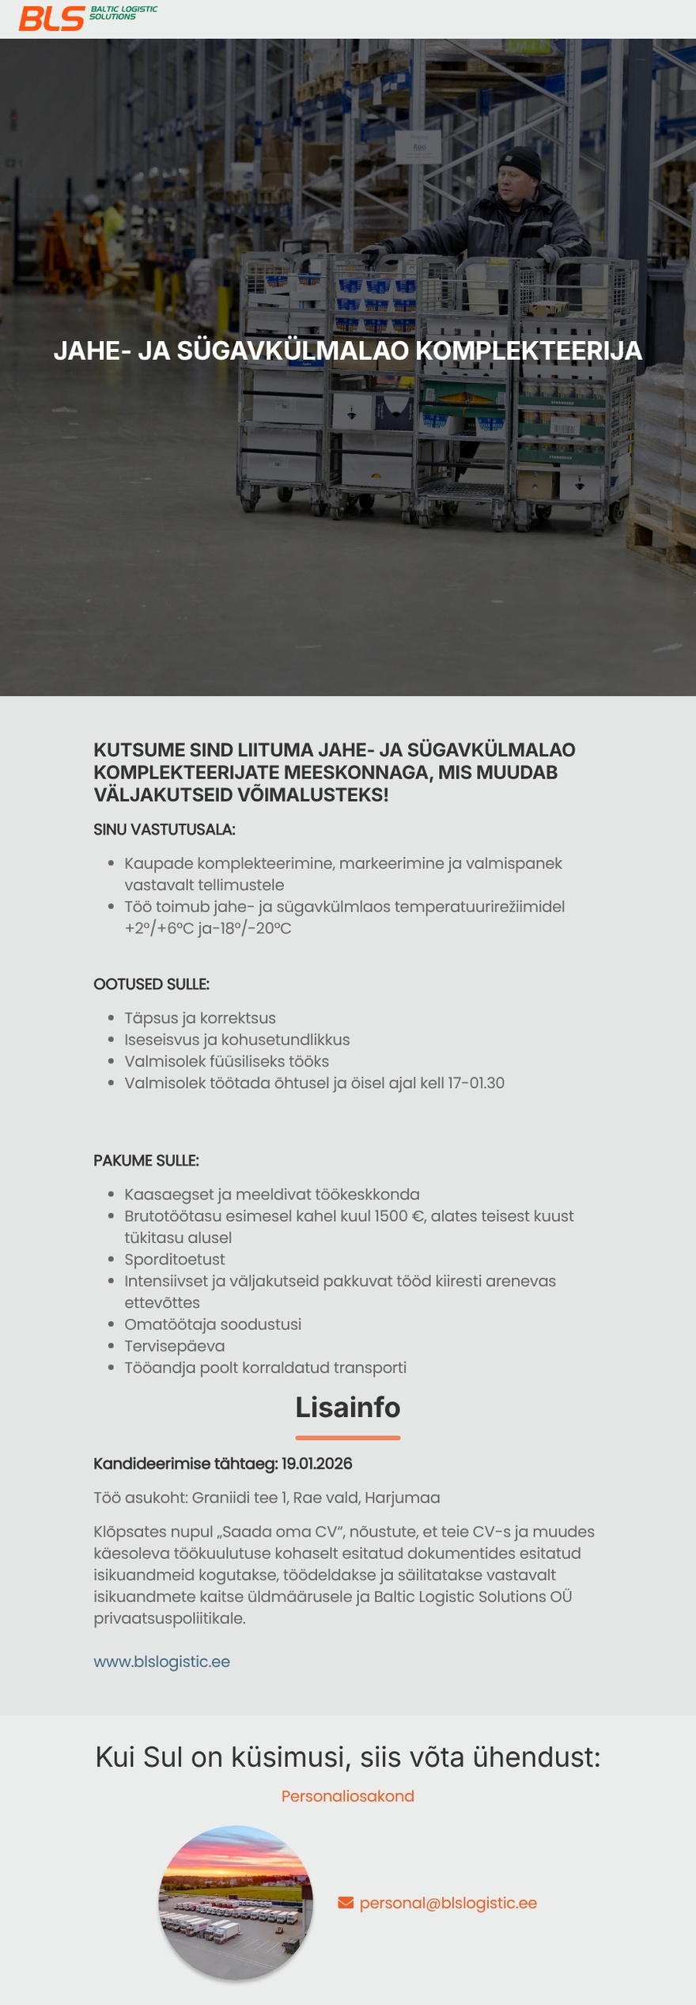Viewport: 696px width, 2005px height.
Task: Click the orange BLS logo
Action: coord(51,18)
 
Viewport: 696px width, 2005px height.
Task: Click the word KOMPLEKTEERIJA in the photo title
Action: coord(528,351)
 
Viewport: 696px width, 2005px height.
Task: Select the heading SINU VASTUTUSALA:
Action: coord(165,830)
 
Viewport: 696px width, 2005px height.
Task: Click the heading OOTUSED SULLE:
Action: coord(151,984)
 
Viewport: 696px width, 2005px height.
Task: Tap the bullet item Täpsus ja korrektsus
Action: coord(200,1018)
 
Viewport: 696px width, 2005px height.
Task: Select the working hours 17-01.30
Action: coord(476,1083)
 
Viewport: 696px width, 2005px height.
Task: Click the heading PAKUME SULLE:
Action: coord(146,1161)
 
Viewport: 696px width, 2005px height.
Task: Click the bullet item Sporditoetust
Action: coord(175,1260)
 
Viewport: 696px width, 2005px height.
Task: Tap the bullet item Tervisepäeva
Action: coord(175,1346)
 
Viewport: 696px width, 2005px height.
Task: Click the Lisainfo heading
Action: coord(348,1408)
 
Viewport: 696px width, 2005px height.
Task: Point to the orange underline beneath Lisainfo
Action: coord(348,1438)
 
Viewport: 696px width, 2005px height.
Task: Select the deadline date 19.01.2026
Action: coord(316,1464)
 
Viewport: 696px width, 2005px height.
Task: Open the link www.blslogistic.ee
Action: coord(162,1662)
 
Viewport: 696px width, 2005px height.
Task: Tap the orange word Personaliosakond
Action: coord(348,1796)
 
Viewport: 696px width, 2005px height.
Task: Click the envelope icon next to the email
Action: coord(346,1903)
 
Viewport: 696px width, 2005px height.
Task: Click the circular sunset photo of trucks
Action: coord(236,1901)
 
